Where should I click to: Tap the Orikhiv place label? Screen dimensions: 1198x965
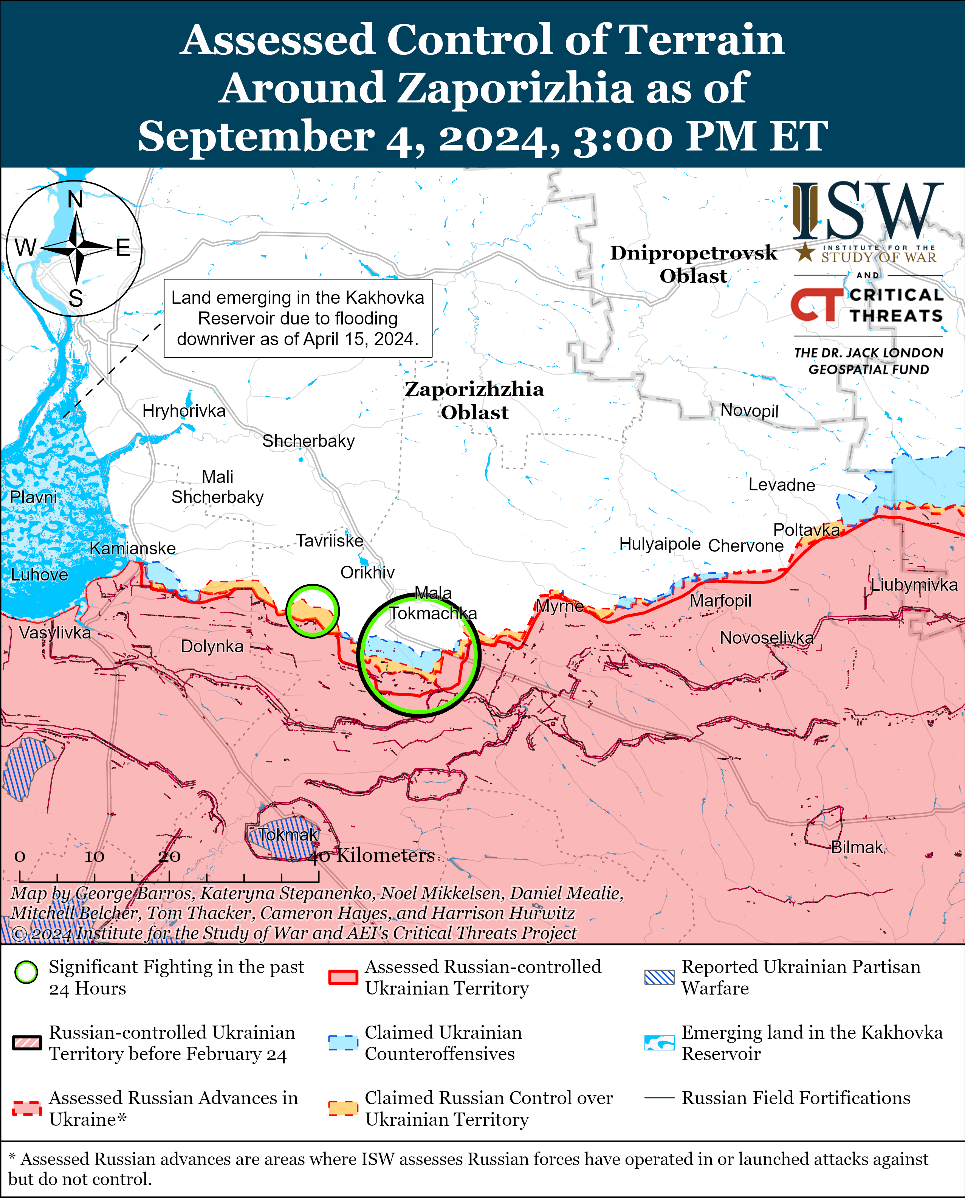click(x=367, y=572)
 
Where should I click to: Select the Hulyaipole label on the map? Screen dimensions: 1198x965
click(x=660, y=543)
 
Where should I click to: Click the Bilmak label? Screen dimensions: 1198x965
click(x=857, y=847)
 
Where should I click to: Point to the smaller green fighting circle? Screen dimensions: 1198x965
click(x=312, y=611)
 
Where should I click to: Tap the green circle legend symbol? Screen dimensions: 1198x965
click(x=26, y=988)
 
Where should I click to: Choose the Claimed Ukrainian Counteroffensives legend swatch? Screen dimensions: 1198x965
click(x=342, y=1043)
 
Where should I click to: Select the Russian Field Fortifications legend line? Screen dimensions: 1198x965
click(x=659, y=1099)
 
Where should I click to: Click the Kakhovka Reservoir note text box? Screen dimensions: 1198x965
click(x=298, y=318)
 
